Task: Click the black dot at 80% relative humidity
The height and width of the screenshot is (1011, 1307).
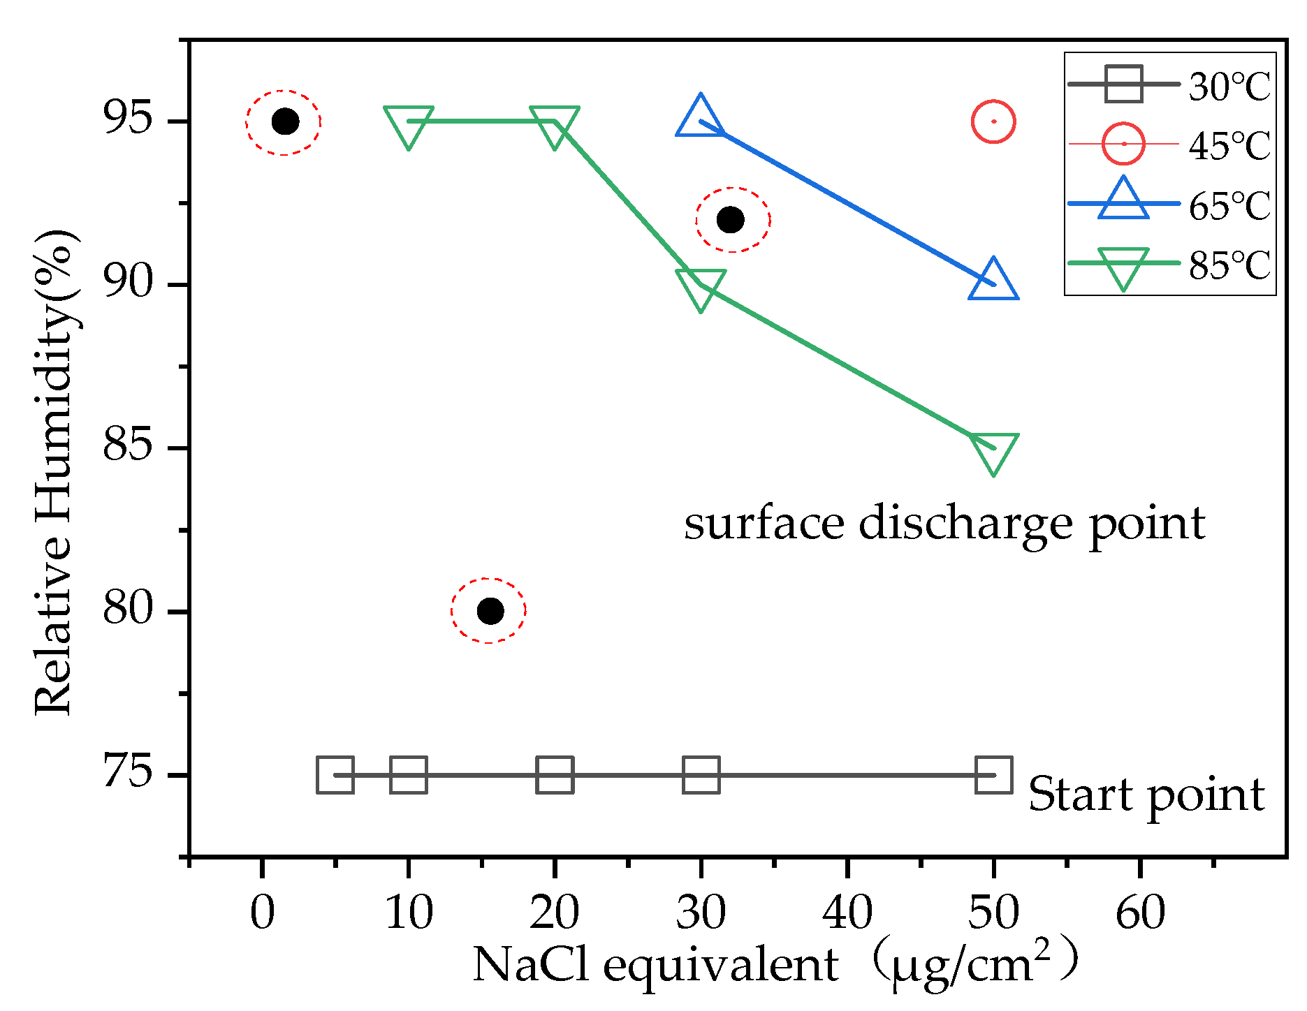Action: [x=490, y=611]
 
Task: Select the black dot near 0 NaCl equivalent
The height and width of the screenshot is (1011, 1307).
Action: [x=285, y=121]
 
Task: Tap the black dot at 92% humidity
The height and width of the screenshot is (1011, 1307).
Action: [x=731, y=220]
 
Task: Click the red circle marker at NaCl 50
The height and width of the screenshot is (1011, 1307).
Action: [x=993, y=121]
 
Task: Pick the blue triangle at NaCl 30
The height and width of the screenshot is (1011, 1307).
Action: [x=701, y=116]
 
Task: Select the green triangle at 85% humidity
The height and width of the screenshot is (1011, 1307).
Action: [x=993, y=453]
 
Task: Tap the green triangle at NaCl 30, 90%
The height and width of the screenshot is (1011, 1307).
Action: [x=701, y=290]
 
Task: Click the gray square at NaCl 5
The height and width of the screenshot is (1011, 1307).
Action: [x=335, y=774]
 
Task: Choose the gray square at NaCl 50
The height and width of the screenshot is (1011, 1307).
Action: [x=993, y=774]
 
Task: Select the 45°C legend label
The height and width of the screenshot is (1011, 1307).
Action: [x=1229, y=145]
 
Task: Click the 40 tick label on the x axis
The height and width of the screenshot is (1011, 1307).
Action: [x=847, y=913]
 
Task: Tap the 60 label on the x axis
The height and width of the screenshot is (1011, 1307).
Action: [x=1140, y=913]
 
